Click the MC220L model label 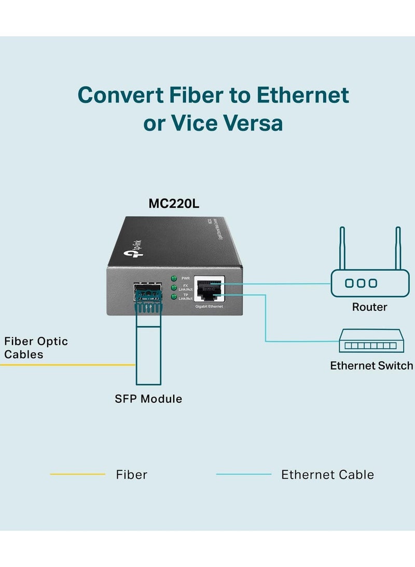coord(174,204)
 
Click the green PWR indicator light coord(174,278)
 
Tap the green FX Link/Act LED coord(174,287)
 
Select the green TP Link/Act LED coord(174,297)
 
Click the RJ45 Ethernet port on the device coord(209,289)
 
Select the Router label coord(369,307)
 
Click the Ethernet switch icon coord(369,341)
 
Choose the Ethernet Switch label coord(371,366)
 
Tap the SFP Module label coord(148,399)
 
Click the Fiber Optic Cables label coord(36,348)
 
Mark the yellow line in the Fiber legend coord(77,474)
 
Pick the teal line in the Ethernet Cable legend coord(243,474)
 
